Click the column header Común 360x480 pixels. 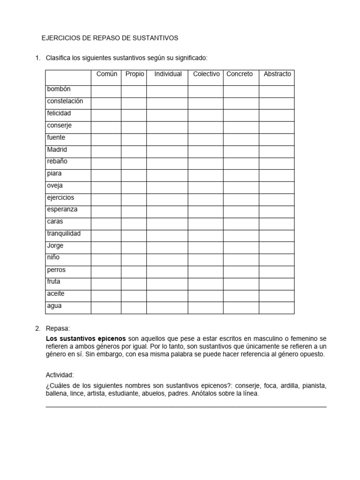(x=106, y=74)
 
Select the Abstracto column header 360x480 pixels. (x=277, y=74)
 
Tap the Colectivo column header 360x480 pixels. (x=206, y=74)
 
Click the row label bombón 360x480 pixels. (x=59, y=89)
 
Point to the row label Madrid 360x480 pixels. (x=57, y=150)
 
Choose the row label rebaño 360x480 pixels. (x=57, y=161)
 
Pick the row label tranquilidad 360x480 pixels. (x=64, y=233)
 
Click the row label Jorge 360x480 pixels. (x=55, y=246)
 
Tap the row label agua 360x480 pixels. (x=54, y=306)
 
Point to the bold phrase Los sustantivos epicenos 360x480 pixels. (x=86, y=338)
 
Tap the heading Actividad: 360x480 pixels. (x=60, y=375)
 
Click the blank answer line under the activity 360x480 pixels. (x=186, y=405)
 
